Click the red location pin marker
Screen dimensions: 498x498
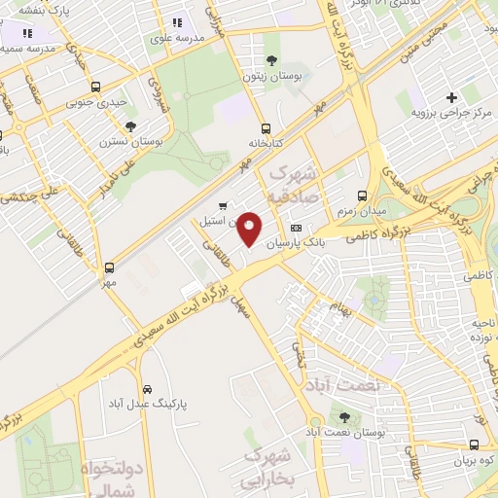click(250, 230)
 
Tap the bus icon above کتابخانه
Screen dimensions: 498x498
click(266, 127)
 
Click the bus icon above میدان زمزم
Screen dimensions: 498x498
click(361, 195)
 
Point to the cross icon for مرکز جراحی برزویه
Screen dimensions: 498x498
click(451, 97)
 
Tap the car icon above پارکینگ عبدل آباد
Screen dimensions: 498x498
click(145, 386)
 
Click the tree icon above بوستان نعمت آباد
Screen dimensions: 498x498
click(344, 416)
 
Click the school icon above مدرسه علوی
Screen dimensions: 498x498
click(176, 22)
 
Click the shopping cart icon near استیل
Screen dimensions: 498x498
click(224, 205)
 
